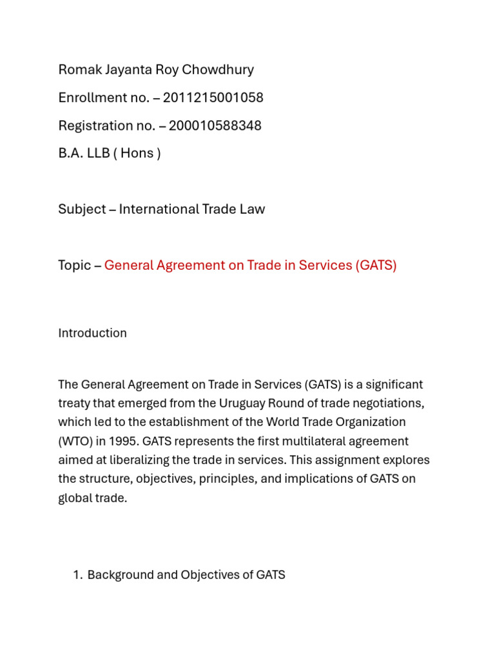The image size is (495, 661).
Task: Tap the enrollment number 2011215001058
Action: pyautogui.click(x=213, y=97)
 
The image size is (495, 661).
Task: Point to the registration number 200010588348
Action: pyautogui.click(x=215, y=125)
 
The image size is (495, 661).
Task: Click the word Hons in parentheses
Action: pyautogui.click(x=136, y=154)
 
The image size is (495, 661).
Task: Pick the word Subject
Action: pyautogui.click(x=82, y=209)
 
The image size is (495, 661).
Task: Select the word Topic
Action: pyautogui.click(x=75, y=265)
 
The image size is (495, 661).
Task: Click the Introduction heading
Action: pyautogui.click(x=92, y=333)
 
